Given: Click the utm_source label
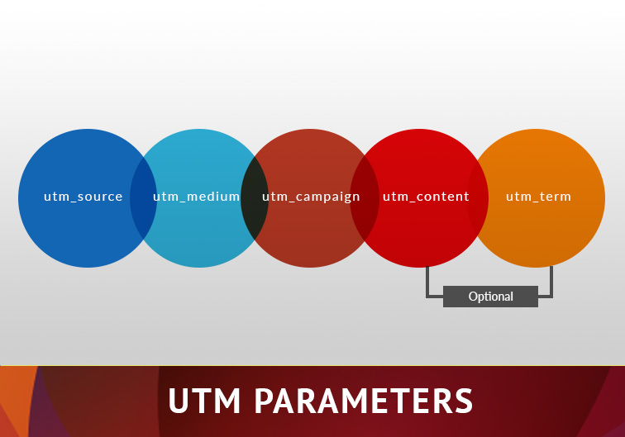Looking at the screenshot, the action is tap(83, 197).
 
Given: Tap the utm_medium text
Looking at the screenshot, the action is tap(196, 197).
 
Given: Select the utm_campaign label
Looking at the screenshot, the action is tap(311, 197).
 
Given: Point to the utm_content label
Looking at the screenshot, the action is tap(426, 197).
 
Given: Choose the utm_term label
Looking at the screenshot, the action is tap(538, 197).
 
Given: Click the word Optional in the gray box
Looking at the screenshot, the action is tap(491, 297).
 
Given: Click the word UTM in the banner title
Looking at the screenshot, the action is tap(204, 401).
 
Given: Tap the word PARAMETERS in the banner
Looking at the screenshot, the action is tap(364, 401).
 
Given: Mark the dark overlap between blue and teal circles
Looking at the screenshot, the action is tap(144, 198).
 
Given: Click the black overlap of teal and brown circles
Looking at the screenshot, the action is tap(255, 198).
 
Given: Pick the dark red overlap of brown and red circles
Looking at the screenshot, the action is tap(365, 198).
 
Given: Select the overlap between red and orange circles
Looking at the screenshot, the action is tap(478, 198).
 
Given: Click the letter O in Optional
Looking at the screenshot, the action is tap(473, 297).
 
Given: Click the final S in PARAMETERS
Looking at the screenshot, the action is tap(463, 401).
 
